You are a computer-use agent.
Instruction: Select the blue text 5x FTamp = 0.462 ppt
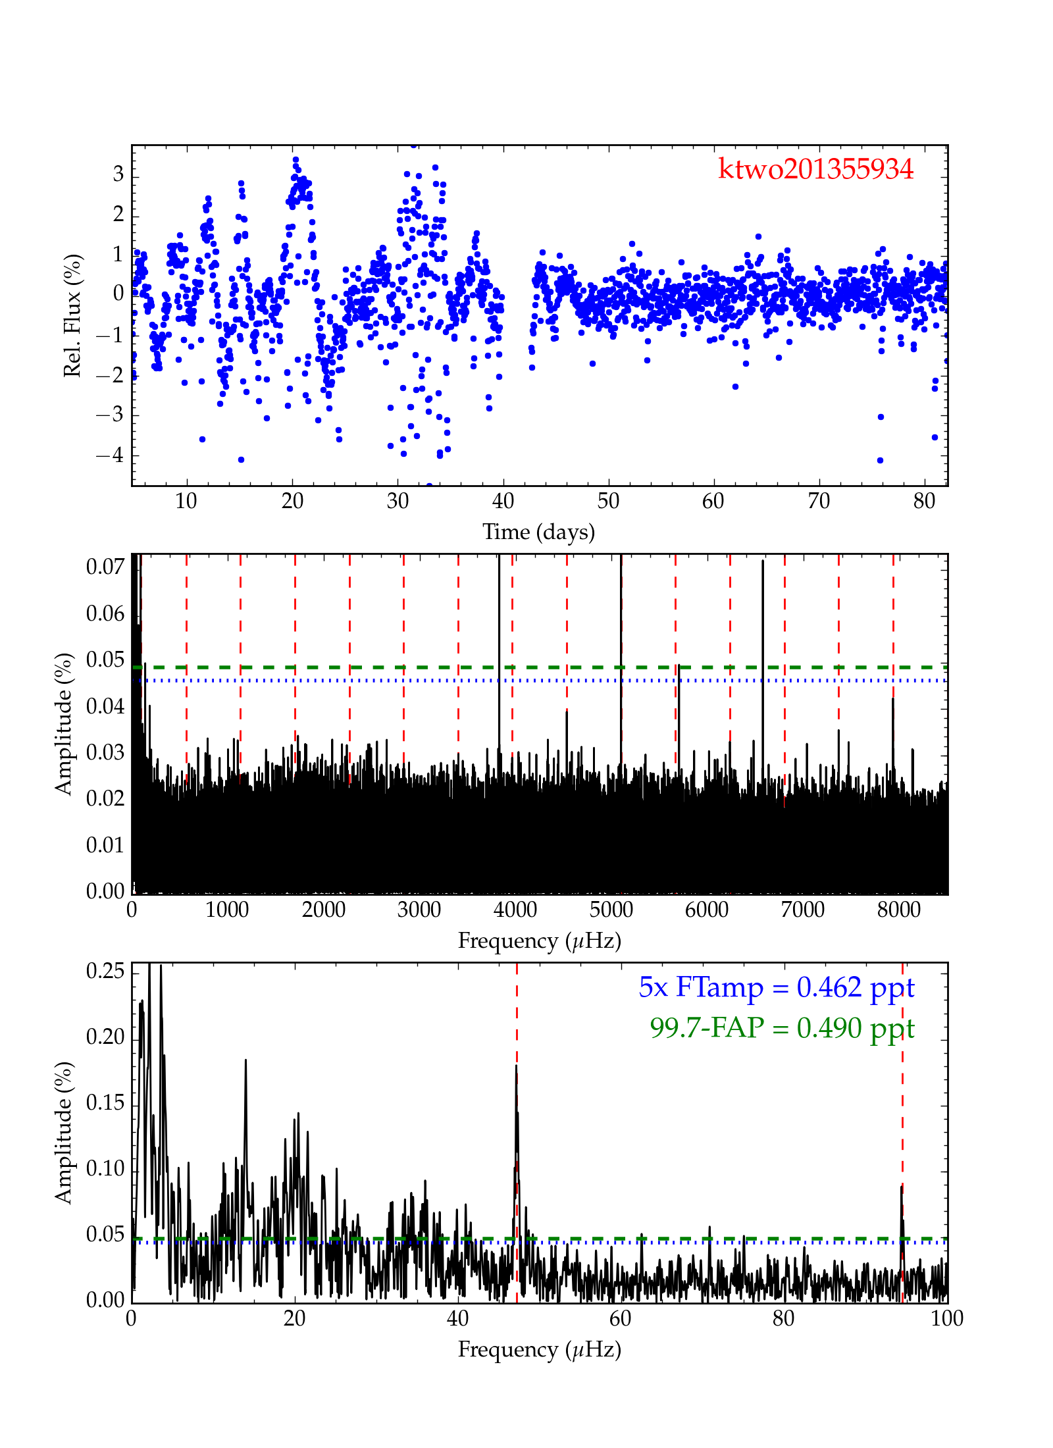[x=776, y=987]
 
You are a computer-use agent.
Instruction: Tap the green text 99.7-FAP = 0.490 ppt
[x=782, y=1027]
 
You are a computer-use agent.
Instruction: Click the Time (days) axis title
[x=538, y=532]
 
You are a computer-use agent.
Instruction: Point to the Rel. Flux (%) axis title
[x=72, y=315]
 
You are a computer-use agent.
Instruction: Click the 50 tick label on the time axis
[x=608, y=502]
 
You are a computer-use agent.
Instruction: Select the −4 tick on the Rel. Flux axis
[x=109, y=455]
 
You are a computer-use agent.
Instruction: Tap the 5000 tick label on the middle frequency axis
[x=611, y=910]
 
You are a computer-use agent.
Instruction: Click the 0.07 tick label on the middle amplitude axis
[x=105, y=567]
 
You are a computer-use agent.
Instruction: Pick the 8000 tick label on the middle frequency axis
[x=898, y=910]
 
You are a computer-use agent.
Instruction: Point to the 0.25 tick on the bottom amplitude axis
[x=105, y=971]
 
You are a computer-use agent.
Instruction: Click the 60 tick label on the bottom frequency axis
[x=620, y=1318]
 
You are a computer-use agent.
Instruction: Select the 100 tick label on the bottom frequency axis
[x=946, y=1318]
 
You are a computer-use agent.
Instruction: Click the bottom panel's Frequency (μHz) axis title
[x=539, y=1349]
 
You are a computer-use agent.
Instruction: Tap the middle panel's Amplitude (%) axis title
[x=63, y=724]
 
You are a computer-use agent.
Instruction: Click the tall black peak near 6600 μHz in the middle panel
[x=763, y=561]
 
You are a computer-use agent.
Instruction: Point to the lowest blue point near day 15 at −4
[x=241, y=459]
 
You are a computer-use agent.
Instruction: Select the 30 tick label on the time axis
[x=398, y=502]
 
